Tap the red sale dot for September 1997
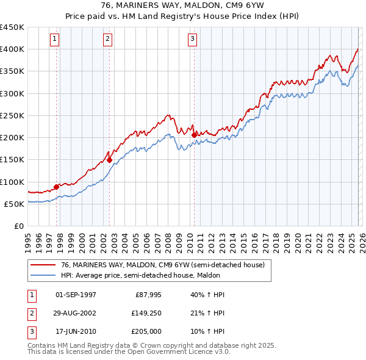pos(57,187)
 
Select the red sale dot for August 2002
pos(110,160)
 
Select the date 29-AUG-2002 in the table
pos(76,314)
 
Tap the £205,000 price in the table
pos(145,333)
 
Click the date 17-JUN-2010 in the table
pos(76,333)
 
